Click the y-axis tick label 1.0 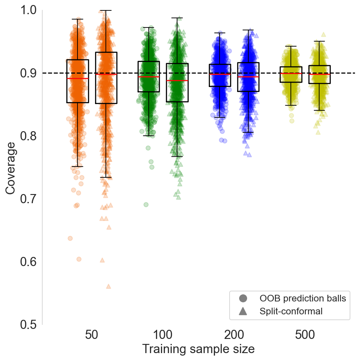(x=28, y=10)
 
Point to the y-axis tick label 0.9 (x=28, y=73)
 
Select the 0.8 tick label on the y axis (x=28, y=136)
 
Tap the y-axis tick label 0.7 (x=28, y=199)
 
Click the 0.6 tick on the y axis (x=28, y=262)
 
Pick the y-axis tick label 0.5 (x=28, y=325)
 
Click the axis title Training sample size (x=198, y=349)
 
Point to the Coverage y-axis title (x=11, y=167)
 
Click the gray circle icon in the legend (x=243, y=299)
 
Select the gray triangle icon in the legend (x=243, y=311)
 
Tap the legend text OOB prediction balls (x=302, y=299)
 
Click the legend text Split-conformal (x=291, y=311)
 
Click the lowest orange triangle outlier (x=108, y=286)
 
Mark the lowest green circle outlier (x=146, y=204)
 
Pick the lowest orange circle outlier (x=79, y=259)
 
